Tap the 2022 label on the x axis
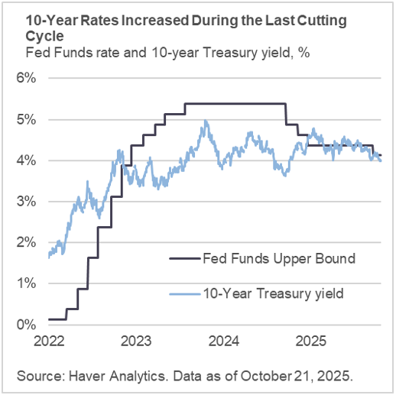(47, 339)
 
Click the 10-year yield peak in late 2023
(204, 121)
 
